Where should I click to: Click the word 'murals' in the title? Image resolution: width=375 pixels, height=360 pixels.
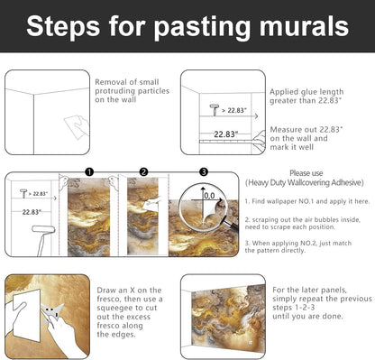tap(304, 26)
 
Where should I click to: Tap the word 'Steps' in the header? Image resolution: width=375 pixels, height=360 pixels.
tap(63, 28)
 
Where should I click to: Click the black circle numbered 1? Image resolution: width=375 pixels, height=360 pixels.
tap(89, 172)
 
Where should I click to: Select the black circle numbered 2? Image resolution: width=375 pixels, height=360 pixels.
tap(144, 172)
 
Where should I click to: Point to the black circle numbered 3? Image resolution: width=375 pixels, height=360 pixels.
tap(204, 172)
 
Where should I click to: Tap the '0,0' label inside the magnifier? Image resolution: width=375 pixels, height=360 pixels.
tap(209, 196)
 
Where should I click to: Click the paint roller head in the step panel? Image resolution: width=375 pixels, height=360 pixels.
tap(43, 229)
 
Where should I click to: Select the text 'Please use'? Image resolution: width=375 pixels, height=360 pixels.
tap(306, 173)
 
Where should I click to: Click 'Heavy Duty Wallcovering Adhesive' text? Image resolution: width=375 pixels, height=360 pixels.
tap(305, 182)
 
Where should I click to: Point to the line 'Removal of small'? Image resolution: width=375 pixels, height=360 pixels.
tap(127, 82)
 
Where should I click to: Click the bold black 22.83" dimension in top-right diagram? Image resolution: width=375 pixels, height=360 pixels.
tap(226, 134)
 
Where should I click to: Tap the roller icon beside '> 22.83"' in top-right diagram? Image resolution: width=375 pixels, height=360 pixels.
tap(215, 110)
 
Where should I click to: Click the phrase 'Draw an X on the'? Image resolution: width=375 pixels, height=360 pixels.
tap(129, 291)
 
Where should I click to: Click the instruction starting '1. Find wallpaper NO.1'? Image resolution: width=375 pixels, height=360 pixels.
tap(307, 201)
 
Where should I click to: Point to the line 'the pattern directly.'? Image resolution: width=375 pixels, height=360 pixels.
tap(275, 250)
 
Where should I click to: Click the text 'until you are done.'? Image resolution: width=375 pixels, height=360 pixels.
tap(307, 317)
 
